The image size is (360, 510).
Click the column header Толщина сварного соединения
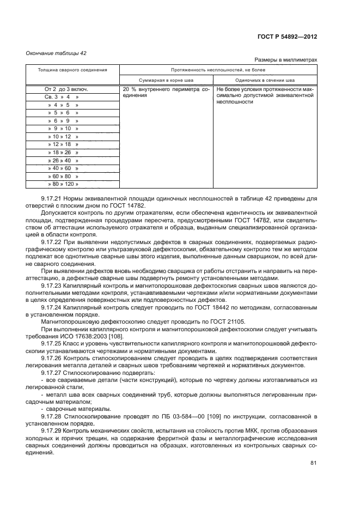72,70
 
